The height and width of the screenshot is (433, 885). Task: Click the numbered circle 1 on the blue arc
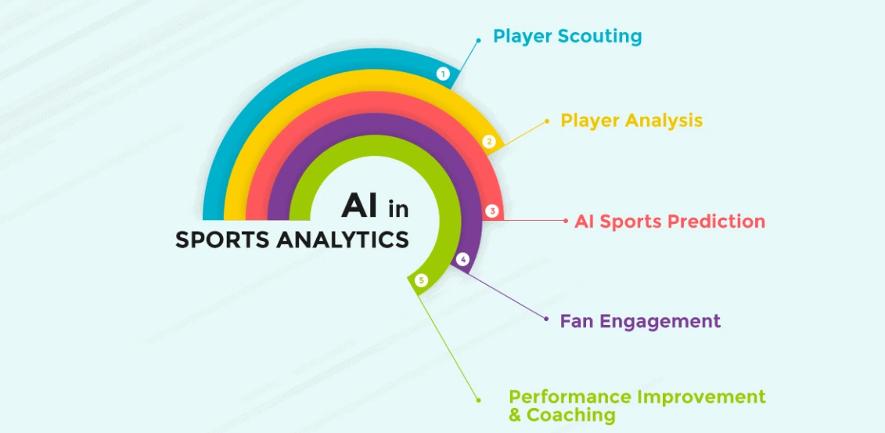point(443,74)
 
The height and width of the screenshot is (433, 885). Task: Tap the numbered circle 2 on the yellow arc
point(489,142)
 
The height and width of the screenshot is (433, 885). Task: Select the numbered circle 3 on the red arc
point(492,211)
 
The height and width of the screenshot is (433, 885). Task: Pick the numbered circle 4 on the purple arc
point(462,259)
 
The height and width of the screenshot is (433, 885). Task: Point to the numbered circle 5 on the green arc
point(422,280)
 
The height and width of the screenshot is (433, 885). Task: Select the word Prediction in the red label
point(715,222)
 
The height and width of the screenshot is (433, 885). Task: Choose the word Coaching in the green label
point(571,415)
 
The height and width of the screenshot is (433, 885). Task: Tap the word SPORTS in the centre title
point(222,240)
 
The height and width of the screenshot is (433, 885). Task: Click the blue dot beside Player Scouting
point(478,40)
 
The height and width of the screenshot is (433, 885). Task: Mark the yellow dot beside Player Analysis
point(547,121)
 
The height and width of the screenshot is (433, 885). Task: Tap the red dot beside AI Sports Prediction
point(566,222)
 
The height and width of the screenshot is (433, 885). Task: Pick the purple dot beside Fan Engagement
point(545,318)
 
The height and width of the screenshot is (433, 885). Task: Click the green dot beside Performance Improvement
point(478,400)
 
